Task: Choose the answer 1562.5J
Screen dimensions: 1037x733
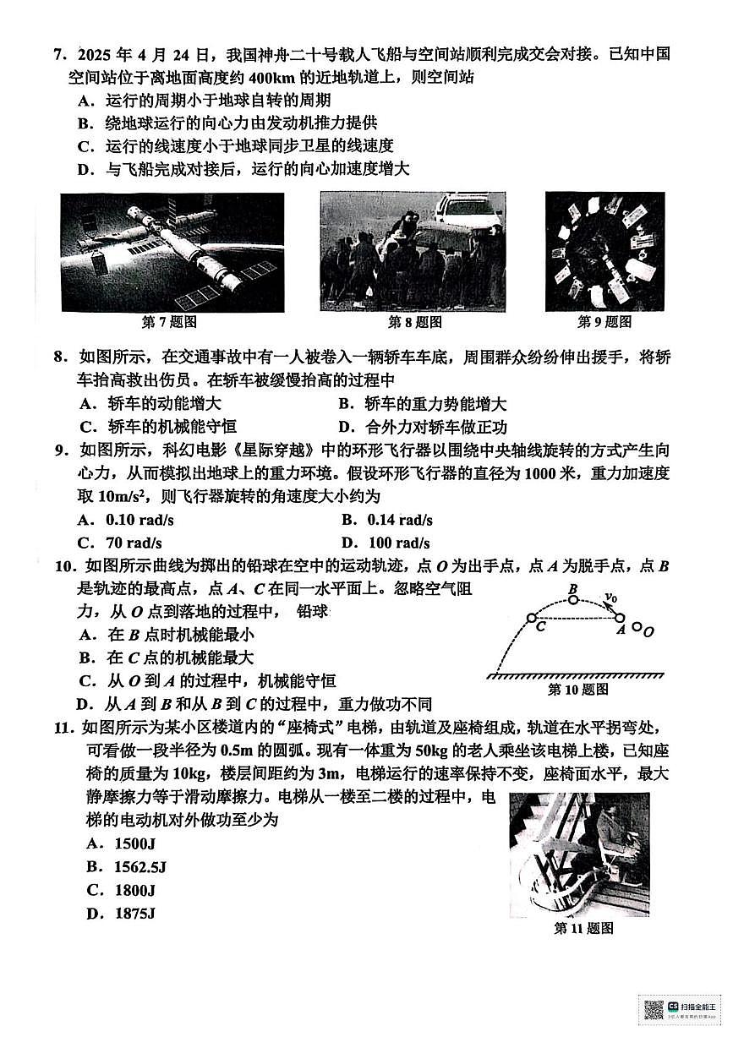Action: (x=128, y=866)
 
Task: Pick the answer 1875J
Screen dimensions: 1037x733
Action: (x=125, y=913)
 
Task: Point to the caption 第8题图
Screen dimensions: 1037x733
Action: (x=414, y=322)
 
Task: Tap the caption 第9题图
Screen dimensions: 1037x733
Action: (x=604, y=322)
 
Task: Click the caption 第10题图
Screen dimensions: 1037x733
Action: (x=577, y=690)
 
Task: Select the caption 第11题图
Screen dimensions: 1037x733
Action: (x=583, y=928)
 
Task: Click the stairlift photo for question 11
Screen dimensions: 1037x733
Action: (x=579, y=854)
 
